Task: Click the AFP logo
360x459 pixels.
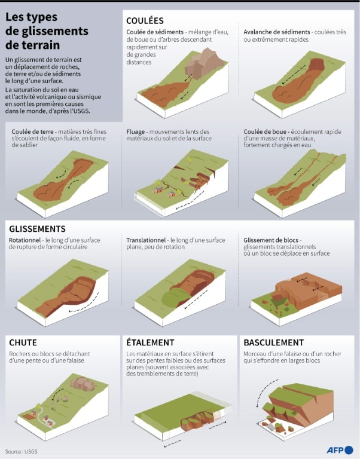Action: coord(340,450)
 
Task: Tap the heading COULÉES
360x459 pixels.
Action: coord(145,20)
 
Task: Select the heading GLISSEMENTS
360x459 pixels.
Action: coord(37,229)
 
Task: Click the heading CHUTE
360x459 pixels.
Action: coord(23,342)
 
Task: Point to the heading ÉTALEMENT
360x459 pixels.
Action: coord(150,342)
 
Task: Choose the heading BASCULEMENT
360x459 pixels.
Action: coord(274,342)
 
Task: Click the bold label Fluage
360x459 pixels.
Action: coord(135,132)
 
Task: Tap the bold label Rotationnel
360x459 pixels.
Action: coord(25,240)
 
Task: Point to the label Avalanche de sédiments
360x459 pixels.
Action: coord(276,32)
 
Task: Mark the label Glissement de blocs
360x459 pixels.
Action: coord(271,240)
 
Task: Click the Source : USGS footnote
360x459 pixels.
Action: coord(22,451)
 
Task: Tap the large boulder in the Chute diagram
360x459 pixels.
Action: coord(83,384)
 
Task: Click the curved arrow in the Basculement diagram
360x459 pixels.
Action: coord(264,391)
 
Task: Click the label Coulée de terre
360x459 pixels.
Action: coord(32,131)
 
